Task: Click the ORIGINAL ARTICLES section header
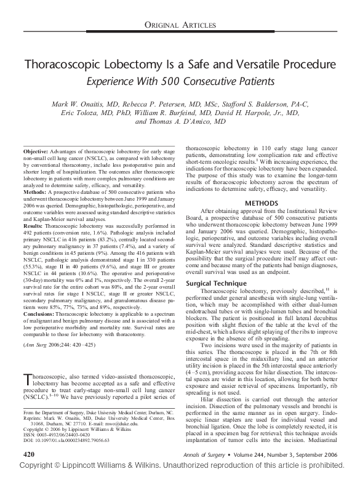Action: (180, 25)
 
